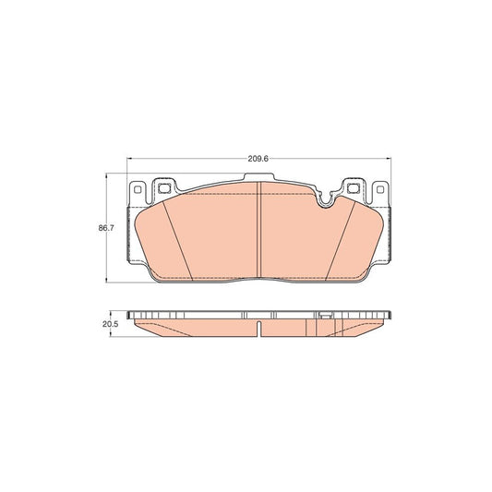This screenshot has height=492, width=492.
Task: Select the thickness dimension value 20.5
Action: click(108, 324)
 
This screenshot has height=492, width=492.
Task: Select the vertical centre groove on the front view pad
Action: click(260, 235)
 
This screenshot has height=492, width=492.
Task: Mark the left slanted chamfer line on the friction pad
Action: click(177, 242)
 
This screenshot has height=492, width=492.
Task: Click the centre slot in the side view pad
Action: click(260, 330)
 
